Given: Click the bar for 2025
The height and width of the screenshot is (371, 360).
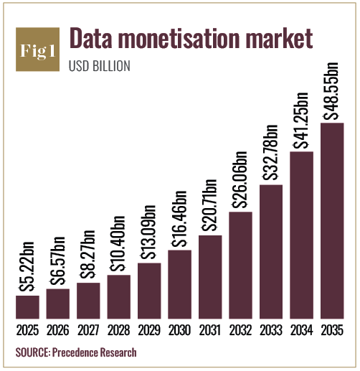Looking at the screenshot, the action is pyautogui.click(x=27, y=307).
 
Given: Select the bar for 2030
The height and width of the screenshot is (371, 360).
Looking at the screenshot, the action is pyautogui.click(x=179, y=284).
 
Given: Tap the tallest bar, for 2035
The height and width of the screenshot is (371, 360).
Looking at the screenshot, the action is pyautogui.click(x=332, y=221).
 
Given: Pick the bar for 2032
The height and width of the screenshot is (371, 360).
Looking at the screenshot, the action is pyautogui.click(x=240, y=266).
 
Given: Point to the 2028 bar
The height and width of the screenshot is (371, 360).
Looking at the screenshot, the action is pyautogui.click(x=119, y=297).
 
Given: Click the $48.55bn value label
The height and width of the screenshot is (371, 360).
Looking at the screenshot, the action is pyautogui.click(x=331, y=91).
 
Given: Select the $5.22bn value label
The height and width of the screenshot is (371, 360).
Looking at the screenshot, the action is pyautogui.click(x=27, y=267).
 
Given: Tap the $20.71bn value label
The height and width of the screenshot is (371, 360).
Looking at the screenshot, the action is pyautogui.click(x=209, y=205).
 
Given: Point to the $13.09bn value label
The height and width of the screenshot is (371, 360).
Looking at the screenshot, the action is pyautogui.click(x=148, y=233).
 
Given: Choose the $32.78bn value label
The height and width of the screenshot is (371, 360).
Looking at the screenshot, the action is pyautogui.click(x=270, y=152).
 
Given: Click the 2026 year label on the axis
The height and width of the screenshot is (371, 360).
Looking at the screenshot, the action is pyautogui.click(x=58, y=330).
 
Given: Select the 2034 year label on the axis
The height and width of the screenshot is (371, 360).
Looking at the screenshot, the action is pyautogui.click(x=302, y=330).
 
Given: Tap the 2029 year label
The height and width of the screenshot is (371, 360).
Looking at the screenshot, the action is pyautogui.click(x=149, y=330).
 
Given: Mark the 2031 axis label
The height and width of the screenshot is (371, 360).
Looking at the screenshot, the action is pyautogui.click(x=210, y=330).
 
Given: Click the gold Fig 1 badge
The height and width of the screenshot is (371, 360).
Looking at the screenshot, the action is pyautogui.click(x=37, y=50).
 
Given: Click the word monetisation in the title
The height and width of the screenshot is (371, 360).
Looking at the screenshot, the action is pyautogui.click(x=179, y=39).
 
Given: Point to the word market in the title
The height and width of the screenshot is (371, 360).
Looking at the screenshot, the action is pyautogui.click(x=280, y=38).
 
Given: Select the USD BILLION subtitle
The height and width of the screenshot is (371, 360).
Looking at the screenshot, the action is pyautogui.click(x=100, y=66).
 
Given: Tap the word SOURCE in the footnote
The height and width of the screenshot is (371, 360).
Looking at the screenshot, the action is pyautogui.click(x=33, y=352).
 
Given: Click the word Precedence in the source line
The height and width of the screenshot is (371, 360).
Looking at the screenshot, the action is pyautogui.click(x=75, y=352).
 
